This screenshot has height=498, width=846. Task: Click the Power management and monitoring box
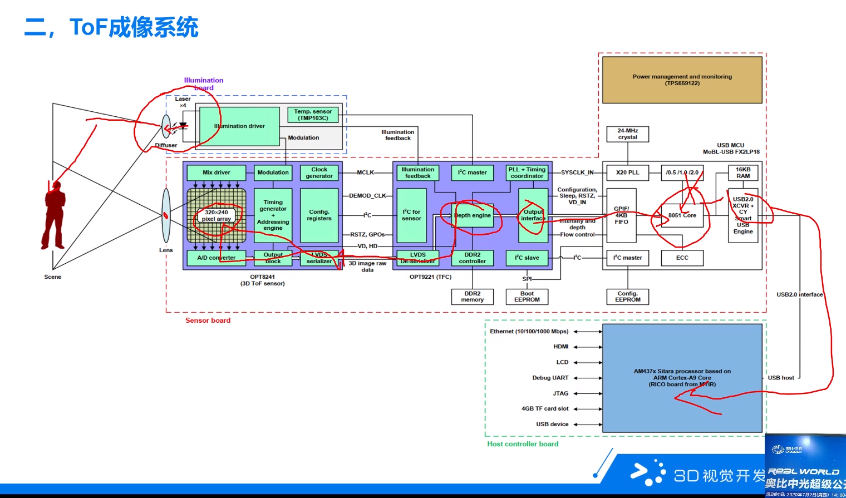[x=682, y=80]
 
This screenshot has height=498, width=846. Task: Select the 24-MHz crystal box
[x=627, y=134]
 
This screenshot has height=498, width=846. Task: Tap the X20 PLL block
[x=627, y=172]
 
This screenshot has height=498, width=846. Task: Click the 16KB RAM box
[x=742, y=172]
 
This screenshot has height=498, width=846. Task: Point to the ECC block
[x=682, y=258]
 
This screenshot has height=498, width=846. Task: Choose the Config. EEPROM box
[x=627, y=297]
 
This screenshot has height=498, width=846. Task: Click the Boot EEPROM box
[x=527, y=297]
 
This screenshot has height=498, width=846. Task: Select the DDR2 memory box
[x=472, y=297]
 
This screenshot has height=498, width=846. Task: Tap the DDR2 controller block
[x=472, y=258]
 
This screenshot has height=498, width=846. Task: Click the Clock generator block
[x=319, y=172]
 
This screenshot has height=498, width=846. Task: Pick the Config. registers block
[x=319, y=215]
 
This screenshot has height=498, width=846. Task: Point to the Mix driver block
[x=216, y=172]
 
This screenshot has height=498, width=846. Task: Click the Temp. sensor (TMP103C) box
[x=313, y=115]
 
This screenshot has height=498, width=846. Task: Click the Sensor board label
[x=208, y=321]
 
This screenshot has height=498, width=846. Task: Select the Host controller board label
[x=523, y=444]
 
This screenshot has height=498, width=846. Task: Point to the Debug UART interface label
[x=550, y=378]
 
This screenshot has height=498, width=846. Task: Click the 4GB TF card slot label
[x=545, y=408]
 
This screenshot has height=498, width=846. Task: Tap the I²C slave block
[x=527, y=258]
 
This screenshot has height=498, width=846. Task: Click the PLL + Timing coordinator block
[x=527, y=172]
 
